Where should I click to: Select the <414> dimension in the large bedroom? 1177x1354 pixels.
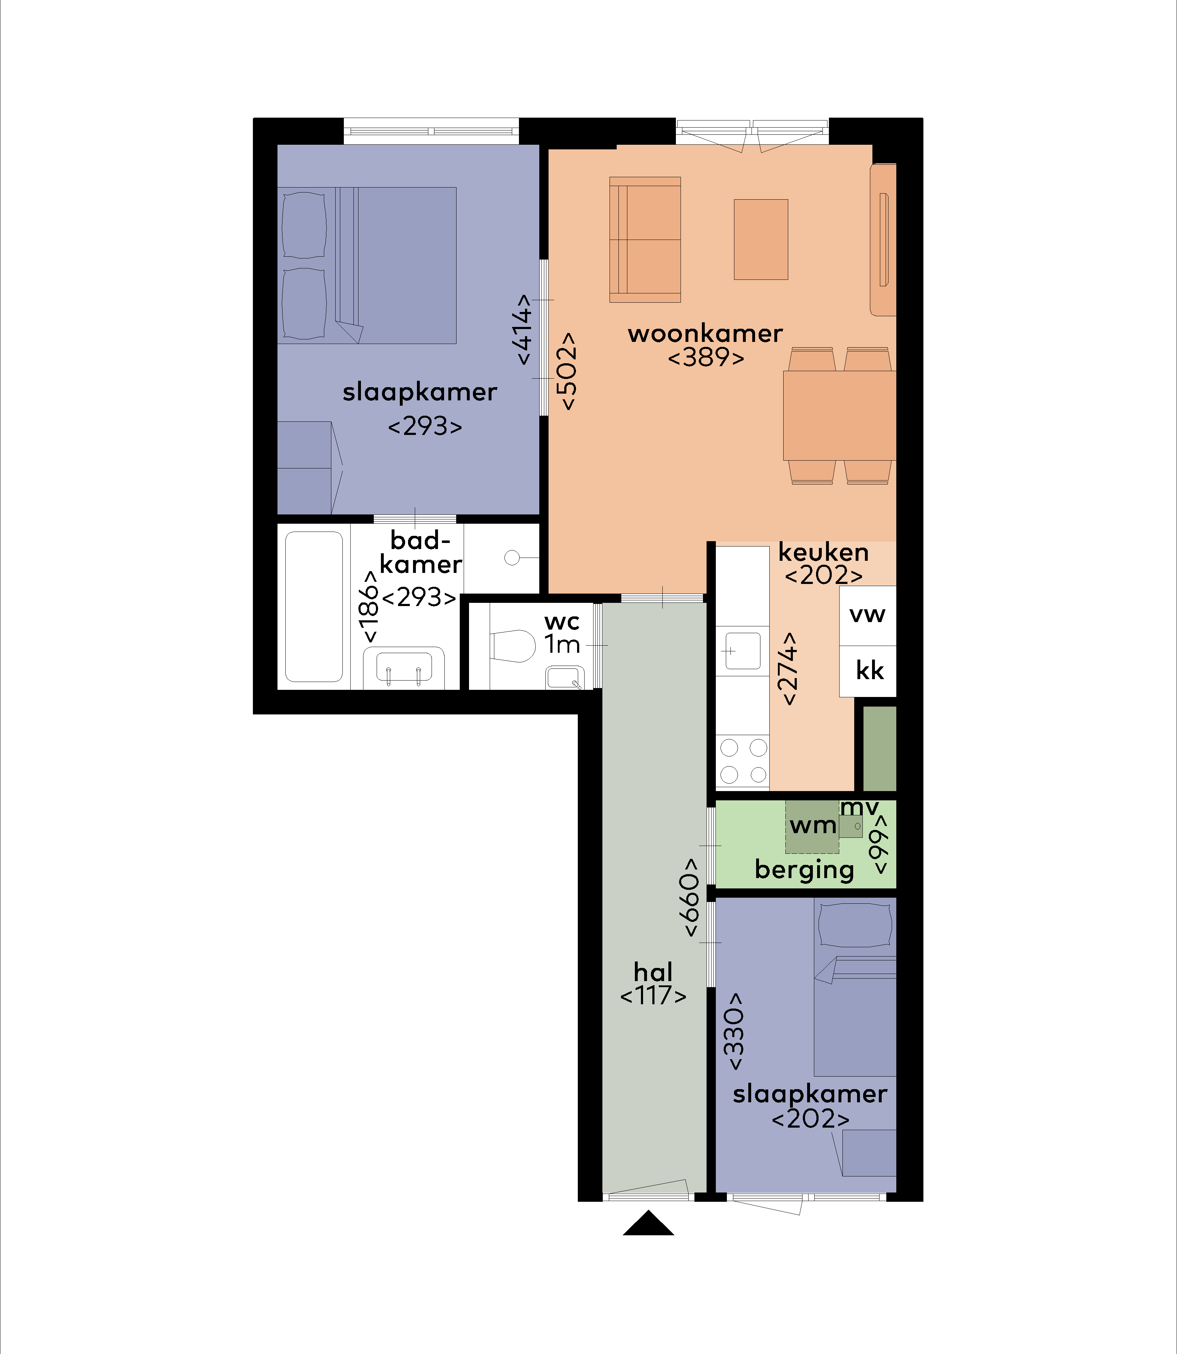point(524,329)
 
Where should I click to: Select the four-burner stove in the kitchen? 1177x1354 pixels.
point(742,761)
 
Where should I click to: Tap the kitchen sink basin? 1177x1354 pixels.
point(743,650)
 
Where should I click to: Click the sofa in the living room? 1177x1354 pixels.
point(645,240)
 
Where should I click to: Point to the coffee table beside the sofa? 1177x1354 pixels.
point(760,240)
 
